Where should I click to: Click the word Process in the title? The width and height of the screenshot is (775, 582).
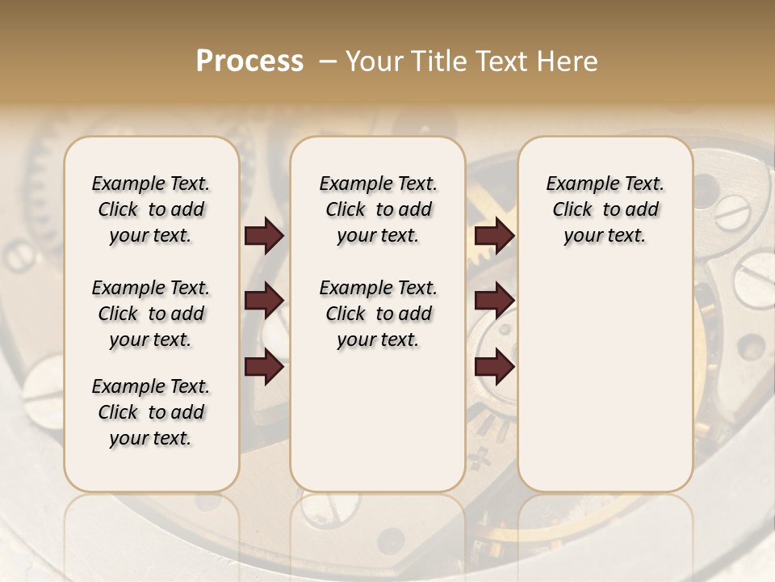(x=249, y=61)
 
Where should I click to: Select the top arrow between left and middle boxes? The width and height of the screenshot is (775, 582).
(x=264, y=236)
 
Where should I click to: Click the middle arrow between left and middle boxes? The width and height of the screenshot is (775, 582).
(x=264, y=301)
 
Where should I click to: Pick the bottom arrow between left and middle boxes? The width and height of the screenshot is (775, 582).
(x=264, y=367)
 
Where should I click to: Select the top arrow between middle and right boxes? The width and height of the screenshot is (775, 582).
(x=494, y=236)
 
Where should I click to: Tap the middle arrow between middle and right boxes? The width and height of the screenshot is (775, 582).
(x=494, y=301)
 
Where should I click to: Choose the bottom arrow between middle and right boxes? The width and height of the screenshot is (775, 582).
(x=494, y=367)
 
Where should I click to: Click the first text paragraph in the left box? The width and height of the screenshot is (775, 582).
(x=150, y=209)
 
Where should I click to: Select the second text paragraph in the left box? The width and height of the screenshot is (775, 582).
(x=150, y=314)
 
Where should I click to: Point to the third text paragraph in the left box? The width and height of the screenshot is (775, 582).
(x=150, y=412)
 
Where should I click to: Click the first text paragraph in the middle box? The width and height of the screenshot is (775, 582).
(x=378, y=209)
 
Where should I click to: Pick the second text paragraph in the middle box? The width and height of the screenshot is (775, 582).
(x=378, y=314)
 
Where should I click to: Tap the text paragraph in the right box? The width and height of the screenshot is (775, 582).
(x=605, y=209)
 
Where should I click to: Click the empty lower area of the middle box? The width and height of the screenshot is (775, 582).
(x=378, y=420)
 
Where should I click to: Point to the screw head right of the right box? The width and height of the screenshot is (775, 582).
(x=733, y=213)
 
